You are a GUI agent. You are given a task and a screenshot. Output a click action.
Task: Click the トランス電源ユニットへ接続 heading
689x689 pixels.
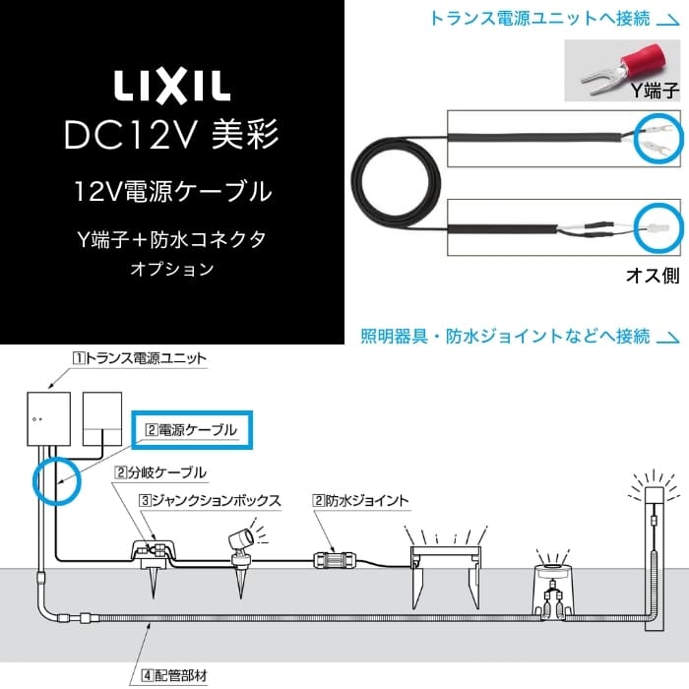[x=542, y=17]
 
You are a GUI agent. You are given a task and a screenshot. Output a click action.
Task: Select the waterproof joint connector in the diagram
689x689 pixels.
[x=333, y=560]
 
